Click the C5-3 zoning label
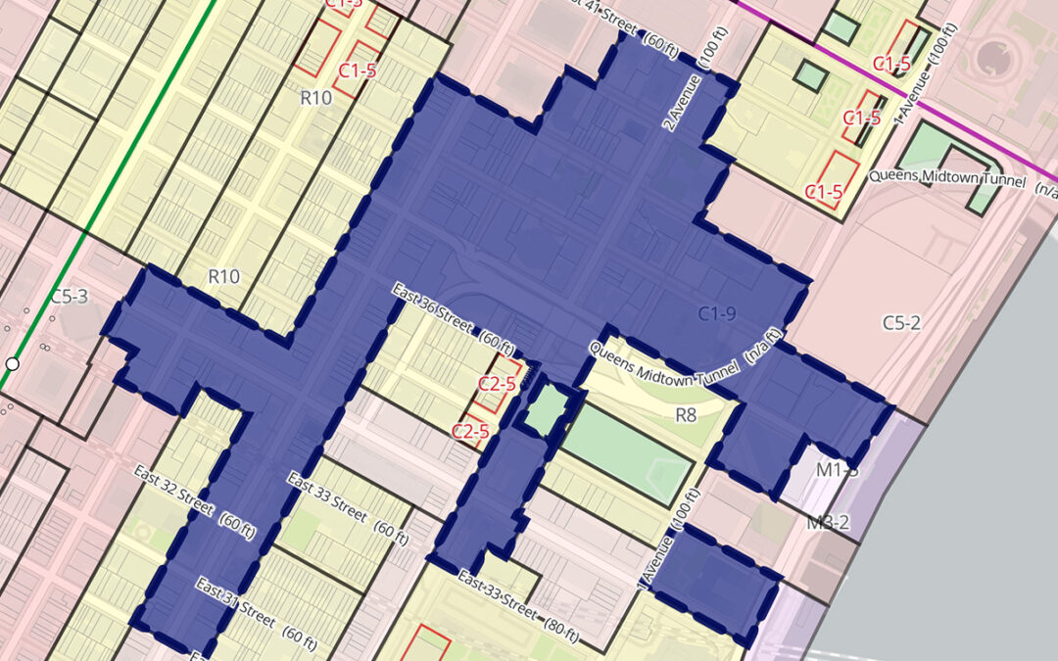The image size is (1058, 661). coord(69,296)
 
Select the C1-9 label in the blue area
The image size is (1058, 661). coord(716,313)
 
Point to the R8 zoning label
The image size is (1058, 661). coord(686,416)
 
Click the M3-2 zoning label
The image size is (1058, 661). coord(827,523)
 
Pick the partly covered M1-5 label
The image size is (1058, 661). coord(838,471)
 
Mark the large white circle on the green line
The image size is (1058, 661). coord(12,364)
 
